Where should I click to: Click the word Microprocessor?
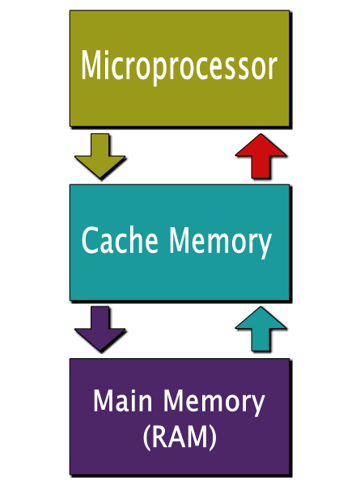179,65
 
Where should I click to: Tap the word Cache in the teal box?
120,240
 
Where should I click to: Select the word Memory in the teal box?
220,242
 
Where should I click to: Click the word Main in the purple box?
123,400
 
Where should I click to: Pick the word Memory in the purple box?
214,403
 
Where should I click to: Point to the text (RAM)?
180,437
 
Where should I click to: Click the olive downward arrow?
100,156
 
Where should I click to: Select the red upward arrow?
260,156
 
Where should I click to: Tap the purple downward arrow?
100,329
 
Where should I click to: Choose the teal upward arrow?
260,329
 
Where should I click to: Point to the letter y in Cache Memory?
265,247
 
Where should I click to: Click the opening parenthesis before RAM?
146,437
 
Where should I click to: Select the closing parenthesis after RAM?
213,437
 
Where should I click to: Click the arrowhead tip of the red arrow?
260,134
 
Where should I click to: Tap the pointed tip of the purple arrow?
100,352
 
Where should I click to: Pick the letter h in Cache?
130,240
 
